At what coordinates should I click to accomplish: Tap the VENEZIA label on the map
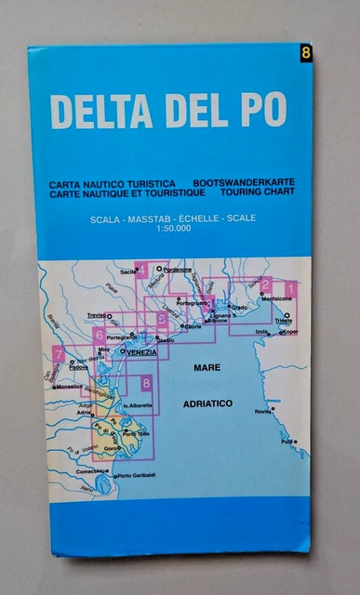pos(140,352)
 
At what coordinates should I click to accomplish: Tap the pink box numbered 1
pos(290,287)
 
